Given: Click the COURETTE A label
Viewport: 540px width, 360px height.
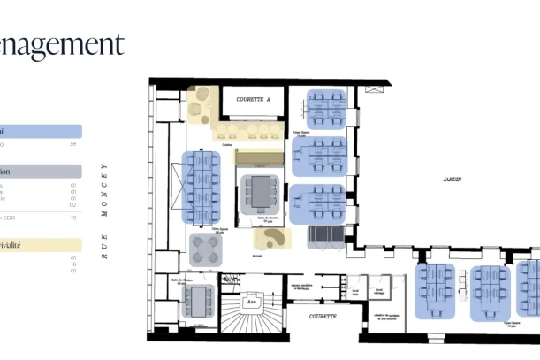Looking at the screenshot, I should pos(253,100).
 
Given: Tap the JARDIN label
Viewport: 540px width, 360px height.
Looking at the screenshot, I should pos(453,179).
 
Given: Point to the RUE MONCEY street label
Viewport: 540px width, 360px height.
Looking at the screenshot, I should pos(104,211).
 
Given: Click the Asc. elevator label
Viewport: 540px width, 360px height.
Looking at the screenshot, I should pos(252,300).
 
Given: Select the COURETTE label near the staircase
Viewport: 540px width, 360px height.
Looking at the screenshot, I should pos(322,315).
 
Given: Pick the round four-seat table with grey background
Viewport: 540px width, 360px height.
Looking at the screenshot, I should pos(209,248).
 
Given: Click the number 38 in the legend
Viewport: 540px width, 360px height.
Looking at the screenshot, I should pos(72,143).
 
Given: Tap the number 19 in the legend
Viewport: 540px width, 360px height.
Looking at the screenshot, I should pos(72,217).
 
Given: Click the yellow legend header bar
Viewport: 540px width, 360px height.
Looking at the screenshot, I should pos(41,245).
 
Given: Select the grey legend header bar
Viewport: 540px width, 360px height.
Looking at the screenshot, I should pos(41,172).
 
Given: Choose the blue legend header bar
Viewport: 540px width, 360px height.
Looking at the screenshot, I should pos(41,131).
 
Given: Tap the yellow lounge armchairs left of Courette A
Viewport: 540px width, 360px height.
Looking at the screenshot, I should pos(199,105).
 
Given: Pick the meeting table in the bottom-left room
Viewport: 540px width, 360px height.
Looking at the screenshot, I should pos(199,300).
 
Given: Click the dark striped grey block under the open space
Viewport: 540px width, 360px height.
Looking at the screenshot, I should pos(324,234).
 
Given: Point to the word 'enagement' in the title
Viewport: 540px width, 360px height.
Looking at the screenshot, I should pos(62,44).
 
